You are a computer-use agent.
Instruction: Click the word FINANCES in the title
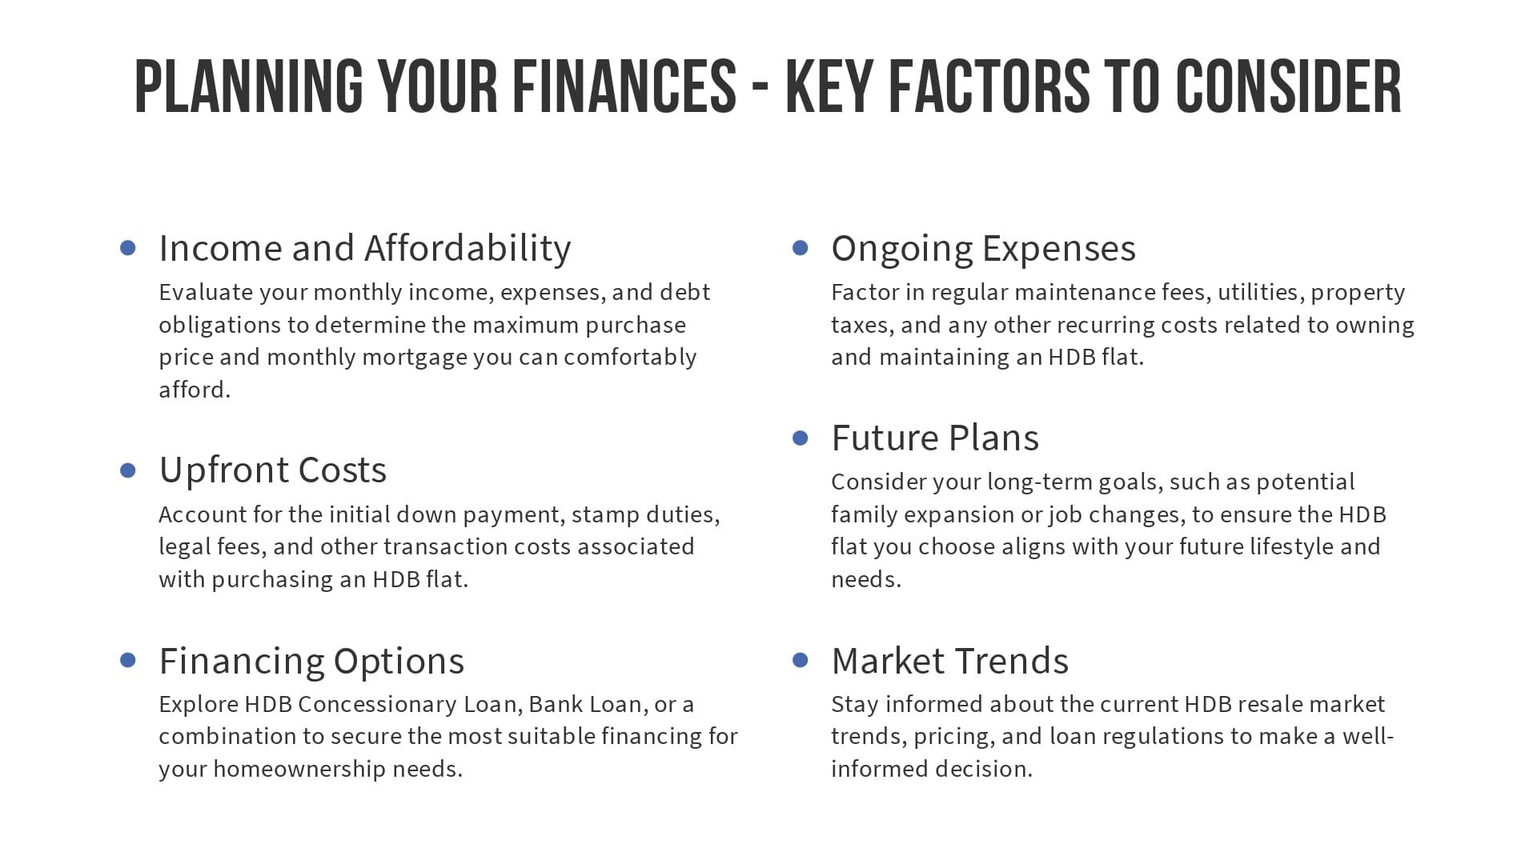click(624, 86)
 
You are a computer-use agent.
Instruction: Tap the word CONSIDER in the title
click(1288, 86)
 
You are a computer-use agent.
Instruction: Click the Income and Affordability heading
click(365, 249)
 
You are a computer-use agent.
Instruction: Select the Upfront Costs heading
click(273, 470)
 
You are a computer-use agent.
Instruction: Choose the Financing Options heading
click(311, 662)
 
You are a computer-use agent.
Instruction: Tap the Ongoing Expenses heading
click(983, 249)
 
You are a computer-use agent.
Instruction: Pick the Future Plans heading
click(935, 438)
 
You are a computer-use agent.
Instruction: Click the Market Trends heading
click(950, 661)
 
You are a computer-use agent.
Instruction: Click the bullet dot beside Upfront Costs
click(128, 470)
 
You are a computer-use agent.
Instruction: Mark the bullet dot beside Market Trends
click(801, 660)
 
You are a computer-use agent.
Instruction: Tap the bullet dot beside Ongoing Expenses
click(801, 247)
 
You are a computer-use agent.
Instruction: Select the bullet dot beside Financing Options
click(128, 660)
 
